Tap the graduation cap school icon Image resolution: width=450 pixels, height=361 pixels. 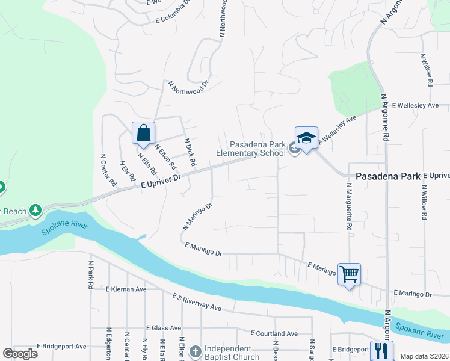306,138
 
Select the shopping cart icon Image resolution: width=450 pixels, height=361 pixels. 349,274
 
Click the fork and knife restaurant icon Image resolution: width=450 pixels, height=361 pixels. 381,351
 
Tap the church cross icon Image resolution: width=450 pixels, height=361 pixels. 195,351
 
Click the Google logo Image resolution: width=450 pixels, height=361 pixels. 20,353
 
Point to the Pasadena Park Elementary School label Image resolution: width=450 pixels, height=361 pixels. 258,149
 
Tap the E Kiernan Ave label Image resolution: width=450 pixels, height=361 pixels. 126,289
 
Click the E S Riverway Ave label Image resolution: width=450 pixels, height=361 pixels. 197,302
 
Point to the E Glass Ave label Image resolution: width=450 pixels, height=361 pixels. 164,328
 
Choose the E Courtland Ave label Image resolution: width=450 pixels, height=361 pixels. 274,333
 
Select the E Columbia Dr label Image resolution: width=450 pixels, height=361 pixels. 173,13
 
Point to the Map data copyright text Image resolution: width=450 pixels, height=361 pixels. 424,356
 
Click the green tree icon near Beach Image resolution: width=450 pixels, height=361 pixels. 37,210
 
